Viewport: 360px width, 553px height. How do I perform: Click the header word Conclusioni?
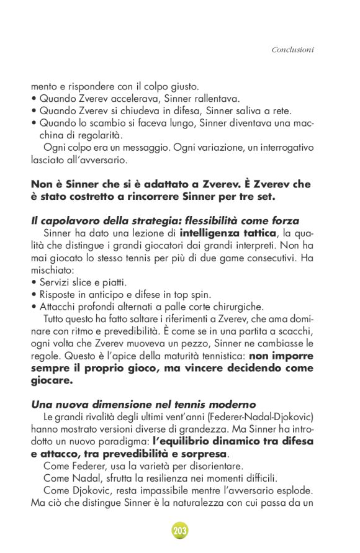point(292,49)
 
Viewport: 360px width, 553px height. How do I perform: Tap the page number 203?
point(179,531)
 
